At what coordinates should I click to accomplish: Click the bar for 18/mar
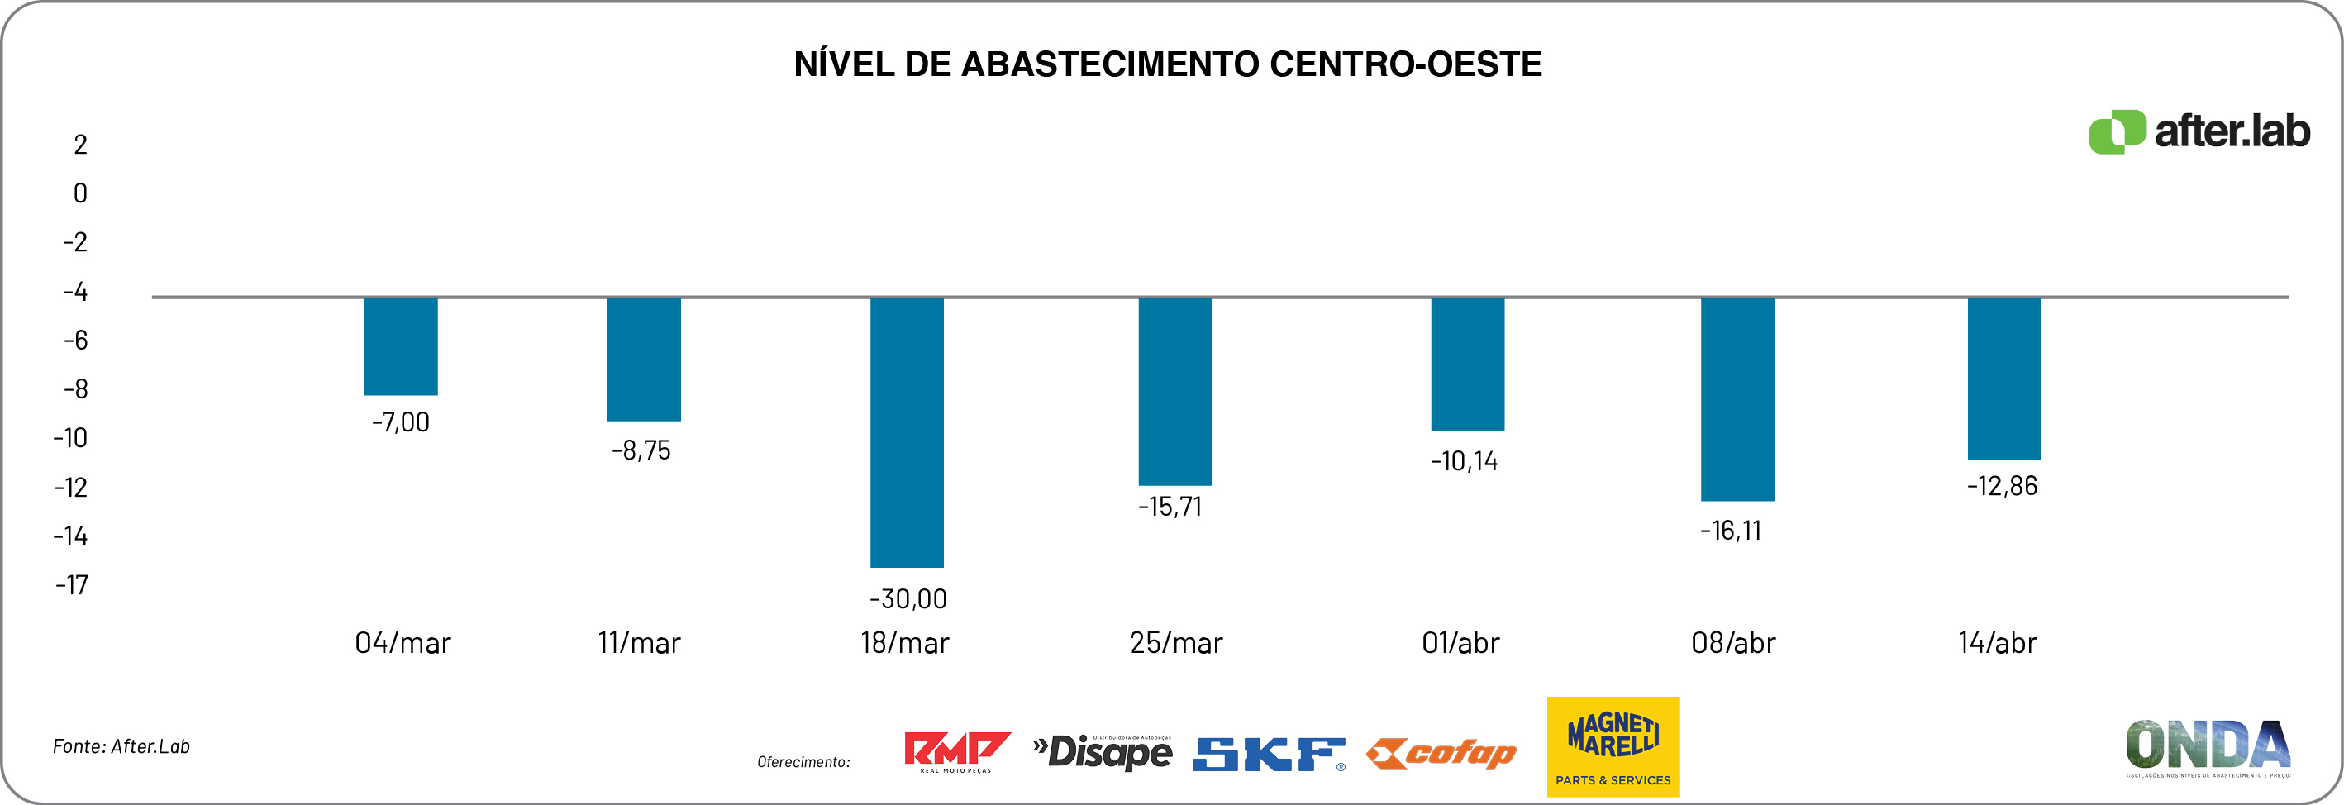[907, 431]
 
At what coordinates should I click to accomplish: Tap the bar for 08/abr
[1737, 398]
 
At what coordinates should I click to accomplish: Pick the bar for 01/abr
[1467, 364]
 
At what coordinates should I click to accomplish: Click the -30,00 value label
[908, 598]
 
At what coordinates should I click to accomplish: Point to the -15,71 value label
[1170, 507]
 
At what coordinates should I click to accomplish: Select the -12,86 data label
[2002, 486]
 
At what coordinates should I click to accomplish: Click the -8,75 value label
[641, 450]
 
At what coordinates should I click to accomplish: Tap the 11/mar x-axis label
[639, 643]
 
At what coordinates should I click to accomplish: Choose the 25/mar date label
[1175, 643]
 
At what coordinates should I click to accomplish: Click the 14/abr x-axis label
[1998, 643]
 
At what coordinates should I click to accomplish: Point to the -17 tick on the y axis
[72, 585]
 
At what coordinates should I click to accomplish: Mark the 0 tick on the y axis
[80, 193]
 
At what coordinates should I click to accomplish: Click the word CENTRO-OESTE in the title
[1405, 64]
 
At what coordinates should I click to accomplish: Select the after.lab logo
[2199, 132]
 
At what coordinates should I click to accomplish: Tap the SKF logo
[1269, 754]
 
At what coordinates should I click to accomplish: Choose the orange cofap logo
[1441, 754]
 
